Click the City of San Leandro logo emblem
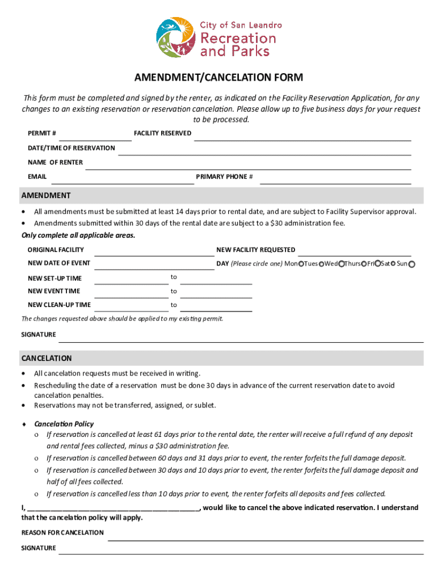(x=176, y=37)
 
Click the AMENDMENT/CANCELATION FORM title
(x=218, y=77)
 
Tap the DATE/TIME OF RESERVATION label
(x=72, y=148)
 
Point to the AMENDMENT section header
(x=46, y=196)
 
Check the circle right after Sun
(x=412, y=264)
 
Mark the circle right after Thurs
(x=364, y=264)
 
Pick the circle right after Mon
(x=301, y=264)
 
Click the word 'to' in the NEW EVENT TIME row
(x=174, y=291)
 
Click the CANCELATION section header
(x=47, y=359)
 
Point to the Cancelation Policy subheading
(x=64, y=424)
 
